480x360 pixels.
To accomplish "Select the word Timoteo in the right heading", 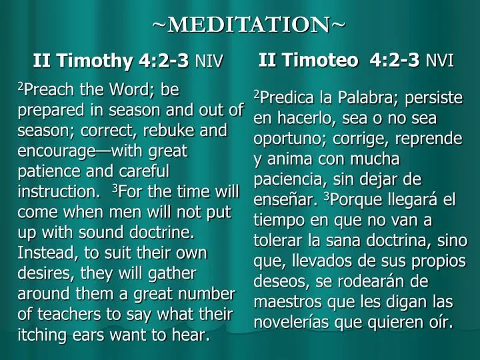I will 317,61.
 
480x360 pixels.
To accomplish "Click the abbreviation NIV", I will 209,63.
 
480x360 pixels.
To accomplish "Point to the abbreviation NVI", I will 440,61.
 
